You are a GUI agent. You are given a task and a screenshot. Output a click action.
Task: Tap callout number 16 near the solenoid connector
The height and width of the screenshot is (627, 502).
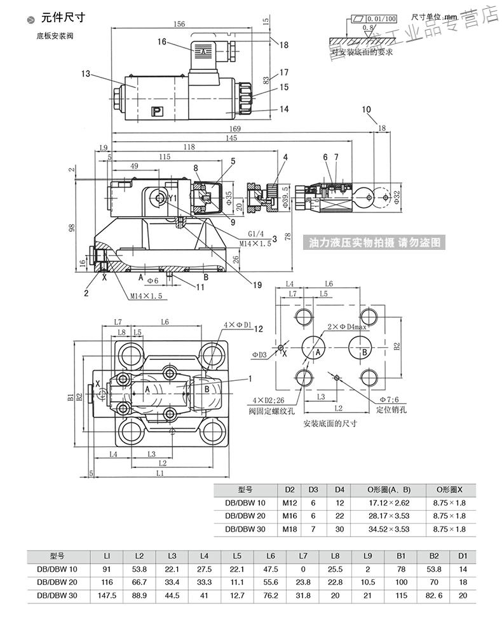[x=162, y=42]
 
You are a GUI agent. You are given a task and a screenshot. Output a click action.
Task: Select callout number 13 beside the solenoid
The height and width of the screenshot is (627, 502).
[x=86, y=74]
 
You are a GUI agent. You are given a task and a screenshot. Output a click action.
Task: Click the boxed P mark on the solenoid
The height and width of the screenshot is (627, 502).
[x=156, y=113]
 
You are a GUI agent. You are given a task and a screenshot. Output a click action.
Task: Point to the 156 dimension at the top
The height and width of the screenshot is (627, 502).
[x=180, y=24]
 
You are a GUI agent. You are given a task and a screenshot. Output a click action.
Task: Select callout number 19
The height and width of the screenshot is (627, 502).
[x=256, y=286]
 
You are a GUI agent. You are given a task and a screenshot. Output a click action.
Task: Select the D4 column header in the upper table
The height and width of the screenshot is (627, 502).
[x=339, y=490]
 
